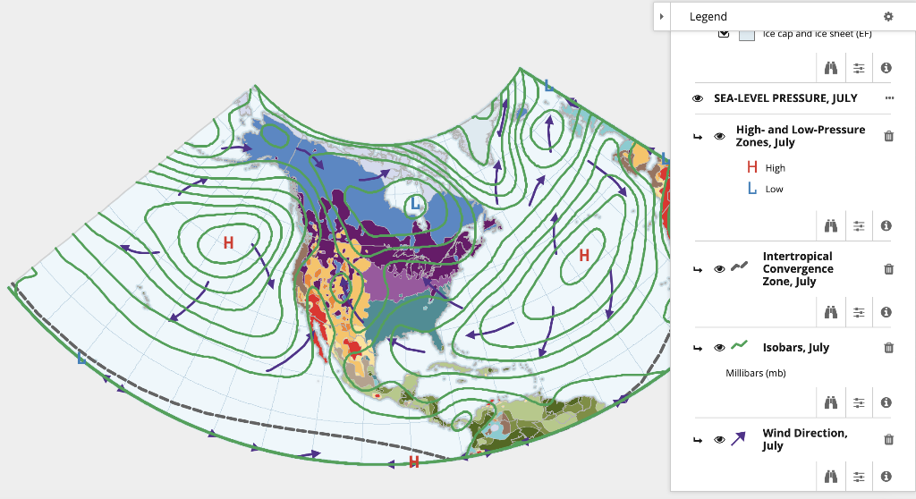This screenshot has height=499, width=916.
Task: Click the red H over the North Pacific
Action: (228, 242)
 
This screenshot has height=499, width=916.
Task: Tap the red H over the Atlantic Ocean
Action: (584, 256)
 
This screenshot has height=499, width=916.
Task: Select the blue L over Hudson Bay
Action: (414, 206)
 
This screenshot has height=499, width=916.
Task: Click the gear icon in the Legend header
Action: (888, 16)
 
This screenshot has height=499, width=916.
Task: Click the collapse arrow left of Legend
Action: (661, 16)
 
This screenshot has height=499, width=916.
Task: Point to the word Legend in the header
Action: (708, 16)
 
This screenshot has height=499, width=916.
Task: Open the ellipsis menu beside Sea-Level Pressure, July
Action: (889, 97)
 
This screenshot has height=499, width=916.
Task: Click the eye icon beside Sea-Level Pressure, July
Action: (698, 98)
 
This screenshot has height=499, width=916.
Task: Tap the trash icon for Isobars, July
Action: (888, 348)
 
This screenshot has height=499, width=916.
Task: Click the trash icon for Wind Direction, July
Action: (888, 439)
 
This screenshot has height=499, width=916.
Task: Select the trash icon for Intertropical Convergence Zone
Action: (888, 269)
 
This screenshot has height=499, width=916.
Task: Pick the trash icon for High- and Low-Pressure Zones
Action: (888, 136)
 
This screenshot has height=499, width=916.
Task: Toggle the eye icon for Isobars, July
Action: (719, 348)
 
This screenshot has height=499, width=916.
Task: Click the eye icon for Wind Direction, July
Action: (719, 439)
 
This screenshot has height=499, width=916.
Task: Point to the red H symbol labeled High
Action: (751, 167)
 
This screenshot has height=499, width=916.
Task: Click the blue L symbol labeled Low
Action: (751, 189)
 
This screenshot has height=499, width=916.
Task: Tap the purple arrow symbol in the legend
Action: (739, 438)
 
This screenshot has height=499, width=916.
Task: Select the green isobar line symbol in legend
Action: (739, 346)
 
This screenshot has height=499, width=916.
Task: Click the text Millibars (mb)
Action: (755, 373)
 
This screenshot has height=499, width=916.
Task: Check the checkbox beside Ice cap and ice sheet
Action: (724, 34)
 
